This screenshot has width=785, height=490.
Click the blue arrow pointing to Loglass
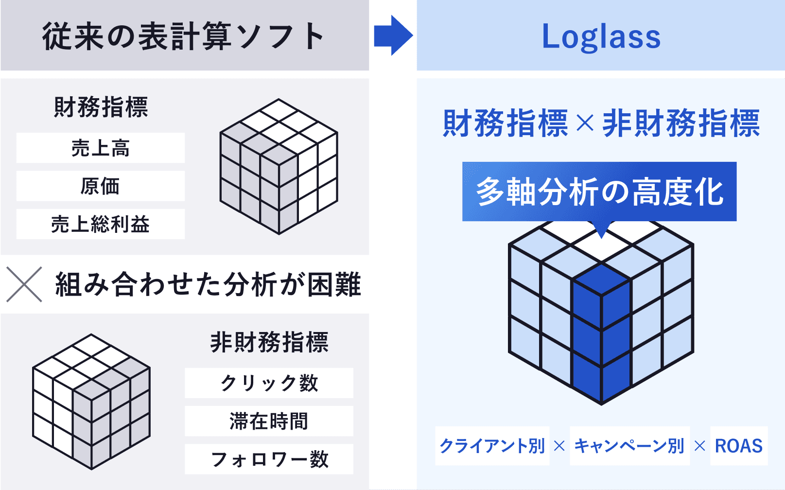coord(393,35)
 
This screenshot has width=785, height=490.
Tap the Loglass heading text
coord(601,37)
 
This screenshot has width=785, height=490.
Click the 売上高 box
coord(101,148)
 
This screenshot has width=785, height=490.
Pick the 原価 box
coord(101,186)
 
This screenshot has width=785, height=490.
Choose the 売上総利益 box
coord(101,224)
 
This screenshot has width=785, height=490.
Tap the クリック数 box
coord(269,383)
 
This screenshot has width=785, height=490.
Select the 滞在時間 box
coord(269,421)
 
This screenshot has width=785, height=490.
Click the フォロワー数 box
coord(269,459)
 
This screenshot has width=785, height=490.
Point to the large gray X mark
coord(24,284)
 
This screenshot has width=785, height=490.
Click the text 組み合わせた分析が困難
coord(208,284)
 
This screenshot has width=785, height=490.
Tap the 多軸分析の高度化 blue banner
coord(599,192)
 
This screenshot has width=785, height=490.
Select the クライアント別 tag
coord(492,446)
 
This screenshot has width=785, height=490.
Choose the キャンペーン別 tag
coord(630,446)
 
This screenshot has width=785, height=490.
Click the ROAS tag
coord(739,446)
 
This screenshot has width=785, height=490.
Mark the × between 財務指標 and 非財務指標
coord(585,123)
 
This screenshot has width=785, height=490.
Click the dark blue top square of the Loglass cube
coord(601,280)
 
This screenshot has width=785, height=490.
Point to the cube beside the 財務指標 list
coord(279,166)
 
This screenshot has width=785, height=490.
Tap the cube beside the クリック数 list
coord(91,402)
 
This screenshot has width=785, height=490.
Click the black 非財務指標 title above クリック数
coord(269,342)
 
